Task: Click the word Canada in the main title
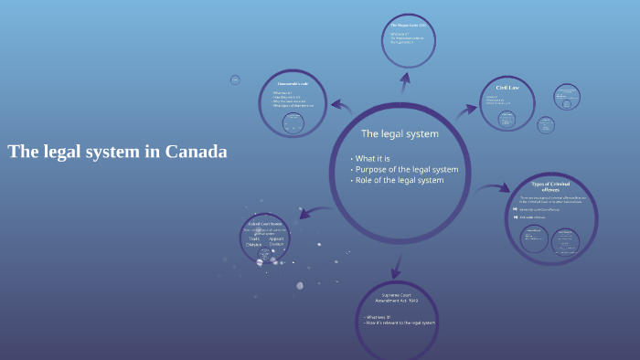(196, 153)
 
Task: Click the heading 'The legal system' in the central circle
(400, 133)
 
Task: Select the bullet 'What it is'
(374, 158)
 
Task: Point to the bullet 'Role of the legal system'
(400, 180)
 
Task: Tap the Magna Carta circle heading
(408, 25)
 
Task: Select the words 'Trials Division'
(254, 241)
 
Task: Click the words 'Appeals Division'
(277, 241)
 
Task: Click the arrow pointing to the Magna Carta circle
(404, 84)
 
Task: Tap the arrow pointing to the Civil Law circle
(466, 109)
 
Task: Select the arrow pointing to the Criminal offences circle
(495, 187)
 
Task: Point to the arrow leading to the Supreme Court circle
(396, 266)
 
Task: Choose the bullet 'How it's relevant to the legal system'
(400, 323)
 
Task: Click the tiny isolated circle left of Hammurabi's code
(235, 80)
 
